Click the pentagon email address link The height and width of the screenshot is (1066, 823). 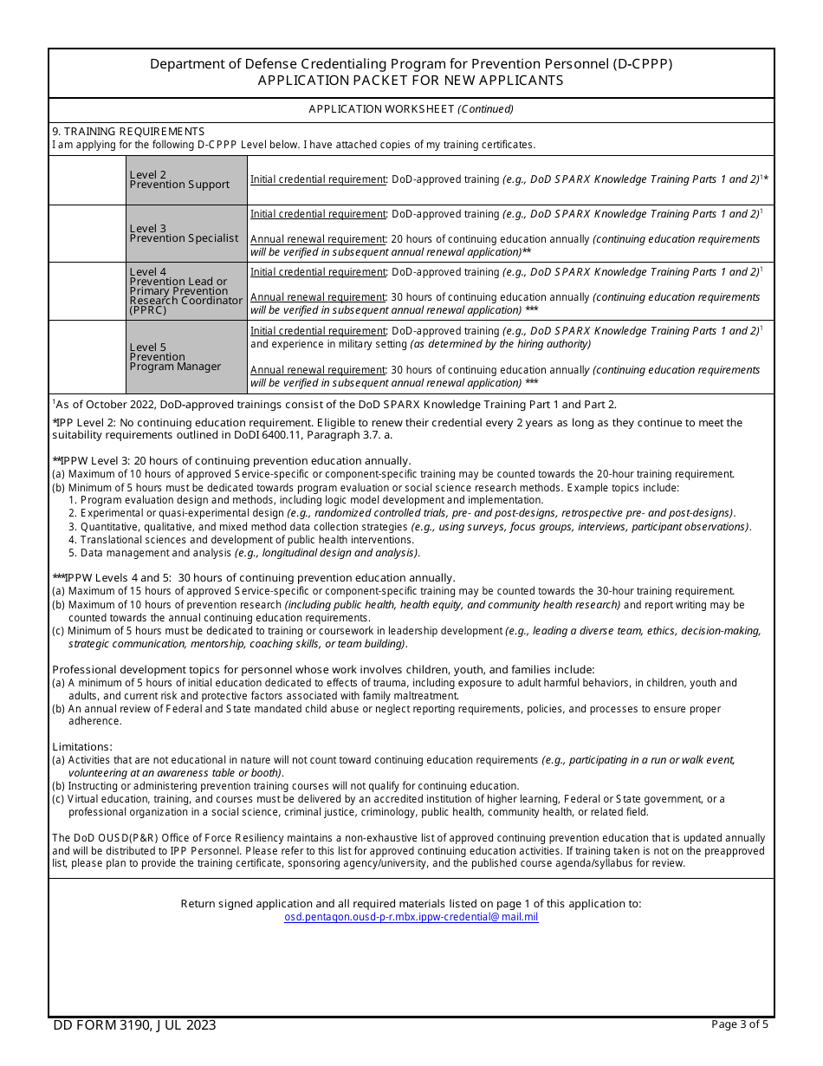[411, 917]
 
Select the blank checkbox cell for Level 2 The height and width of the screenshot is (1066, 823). [87, 180]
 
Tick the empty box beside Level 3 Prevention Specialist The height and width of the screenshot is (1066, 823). [87, 233]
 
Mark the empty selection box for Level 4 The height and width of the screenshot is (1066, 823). [87, 291]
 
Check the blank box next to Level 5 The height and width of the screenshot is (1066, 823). [87, 357]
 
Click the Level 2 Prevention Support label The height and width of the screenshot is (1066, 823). [179, 180]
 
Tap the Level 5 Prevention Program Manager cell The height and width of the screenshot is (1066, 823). [175, 357]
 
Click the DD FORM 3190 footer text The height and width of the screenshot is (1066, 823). [134, 1025]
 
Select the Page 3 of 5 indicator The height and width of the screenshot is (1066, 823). [739, 1024]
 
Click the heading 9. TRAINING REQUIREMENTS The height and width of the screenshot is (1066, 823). [128, 132]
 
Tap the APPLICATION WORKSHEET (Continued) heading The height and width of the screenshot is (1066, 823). [411, 109]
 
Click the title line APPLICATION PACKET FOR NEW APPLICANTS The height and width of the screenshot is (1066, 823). [411, 81]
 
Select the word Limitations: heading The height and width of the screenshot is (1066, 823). [81, 747]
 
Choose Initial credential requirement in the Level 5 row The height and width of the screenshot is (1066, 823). [318, 331]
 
